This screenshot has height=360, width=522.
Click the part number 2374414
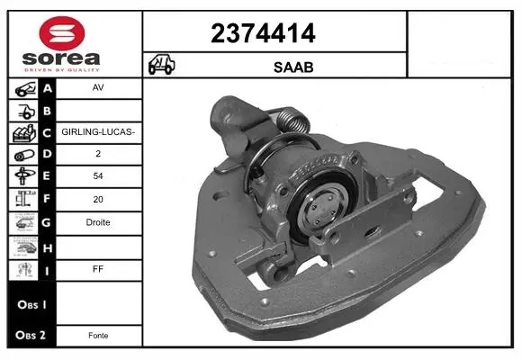(263, 33)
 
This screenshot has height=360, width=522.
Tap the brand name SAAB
(293, 67)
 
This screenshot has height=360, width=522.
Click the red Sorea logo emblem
(62, 33)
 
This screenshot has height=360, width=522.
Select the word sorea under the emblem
(61, 58)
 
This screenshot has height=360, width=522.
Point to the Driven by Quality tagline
(62, 70)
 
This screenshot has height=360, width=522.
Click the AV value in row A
(98, 87)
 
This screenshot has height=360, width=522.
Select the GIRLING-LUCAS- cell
(98, 132)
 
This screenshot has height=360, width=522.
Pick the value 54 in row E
(98, 175)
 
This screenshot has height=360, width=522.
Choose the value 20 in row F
(98, 199)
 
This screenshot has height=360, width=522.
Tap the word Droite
(98, 222)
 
